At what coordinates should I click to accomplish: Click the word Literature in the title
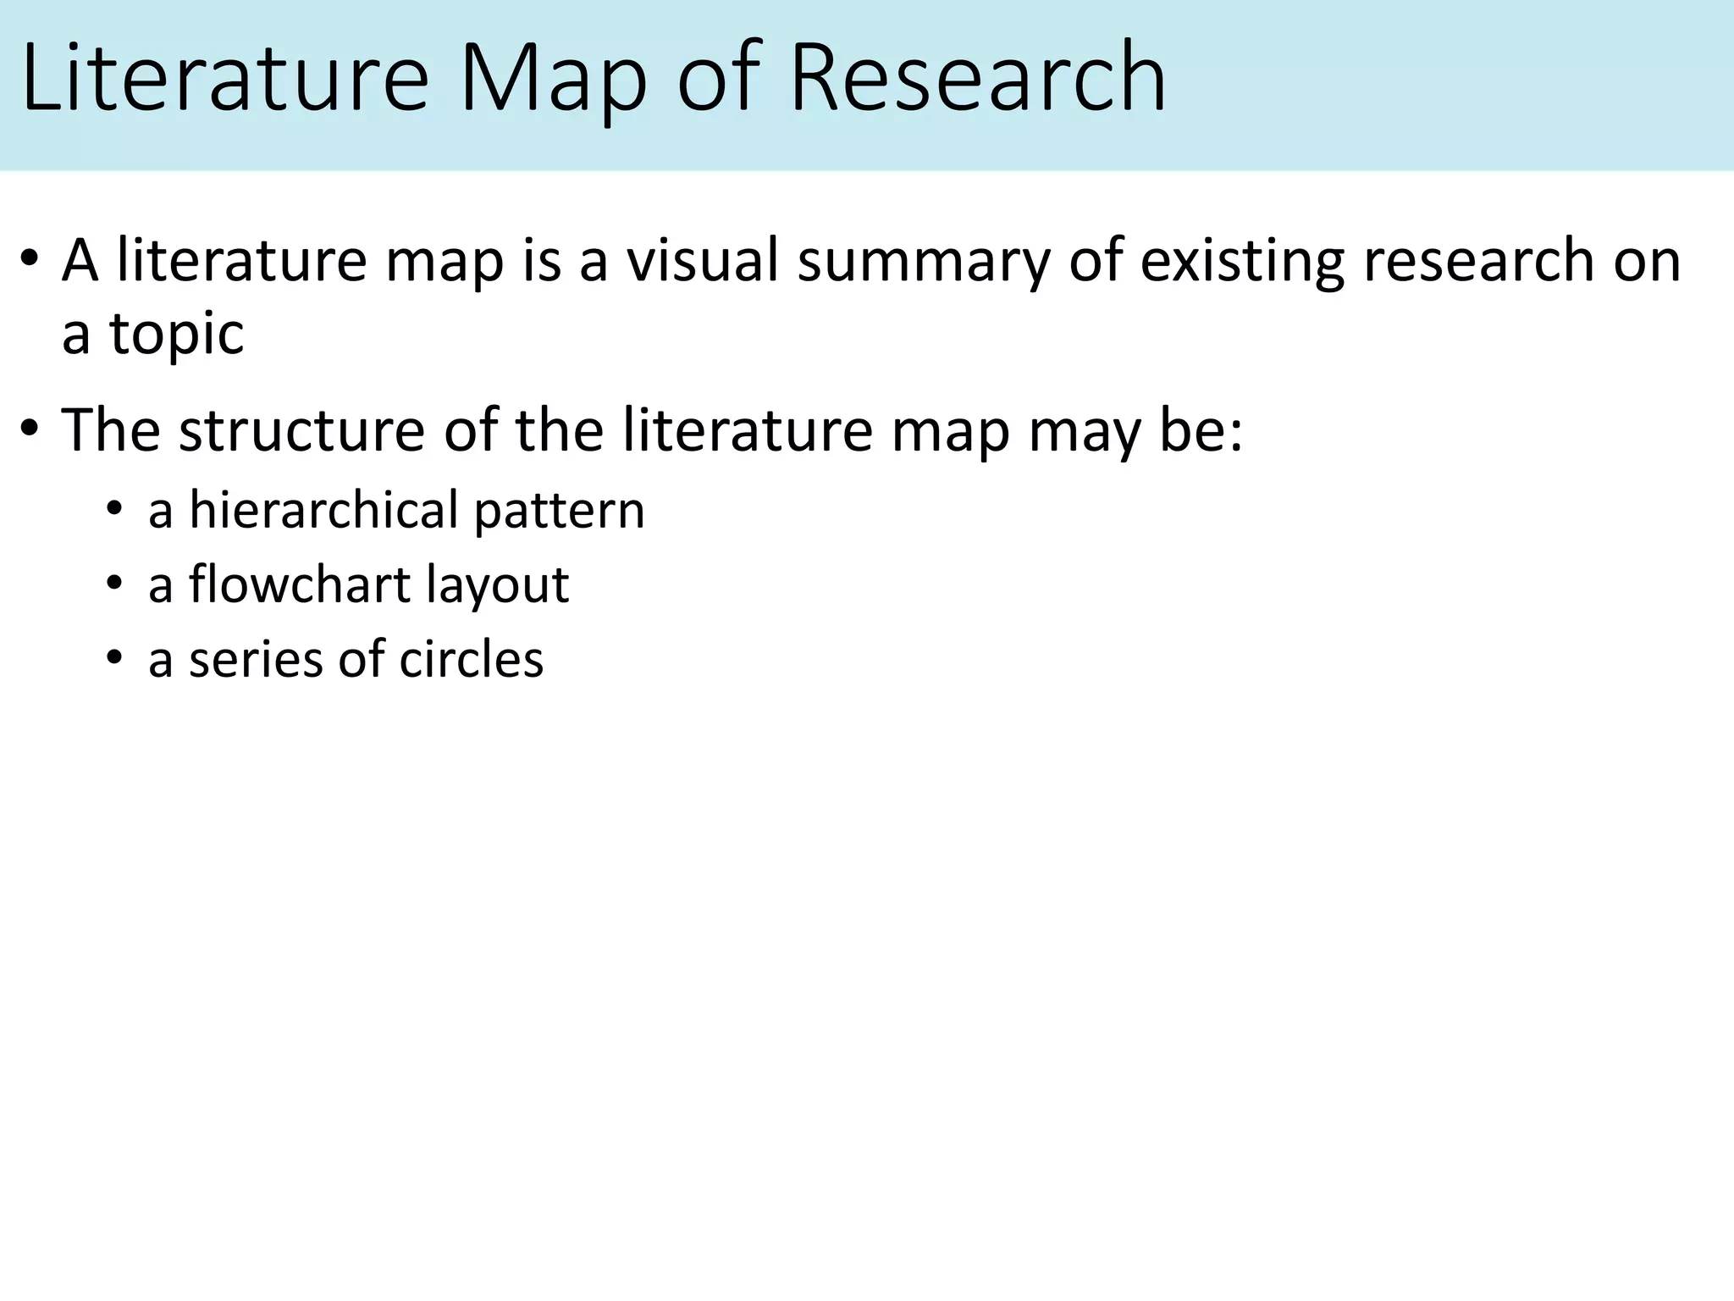[x=225, y=78]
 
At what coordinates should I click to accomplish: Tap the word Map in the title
[x=554, y=78]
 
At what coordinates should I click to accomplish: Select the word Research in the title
[x=978, y=78]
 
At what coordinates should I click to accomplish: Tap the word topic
[x=177, y=334]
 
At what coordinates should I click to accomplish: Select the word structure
[x=301, y=430]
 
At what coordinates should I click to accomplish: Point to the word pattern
[x=559, y=512]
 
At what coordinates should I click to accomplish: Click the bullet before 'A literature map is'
[x=30, y=259]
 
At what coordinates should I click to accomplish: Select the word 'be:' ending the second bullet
[x=1207, y=430]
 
